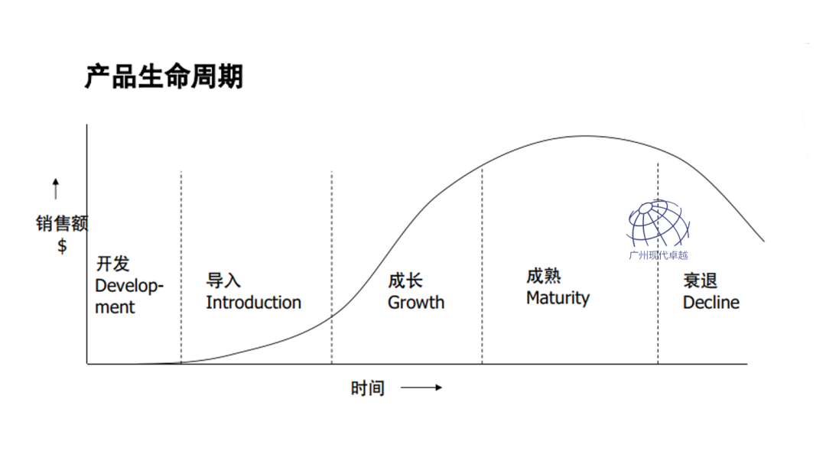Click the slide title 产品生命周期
164,76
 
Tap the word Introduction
253,303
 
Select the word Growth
415,303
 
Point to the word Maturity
558,297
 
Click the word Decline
711,303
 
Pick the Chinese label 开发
112,264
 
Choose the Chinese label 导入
223,280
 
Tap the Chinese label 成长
405,280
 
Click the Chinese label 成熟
543,276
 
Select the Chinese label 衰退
700,280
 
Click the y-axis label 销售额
62,224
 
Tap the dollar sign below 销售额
62,246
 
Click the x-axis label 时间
367,388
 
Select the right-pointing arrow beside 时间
421,388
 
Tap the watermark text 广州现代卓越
658,255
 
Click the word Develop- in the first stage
129,287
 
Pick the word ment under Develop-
115,307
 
